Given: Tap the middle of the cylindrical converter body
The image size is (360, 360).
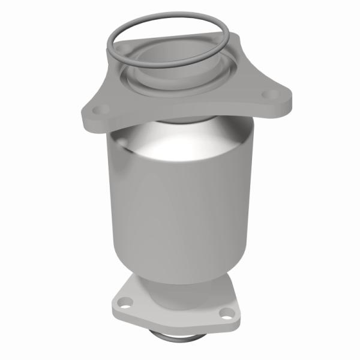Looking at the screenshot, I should (x=180, y=204).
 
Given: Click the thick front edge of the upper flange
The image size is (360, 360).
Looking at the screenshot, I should (x=180, y=120).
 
